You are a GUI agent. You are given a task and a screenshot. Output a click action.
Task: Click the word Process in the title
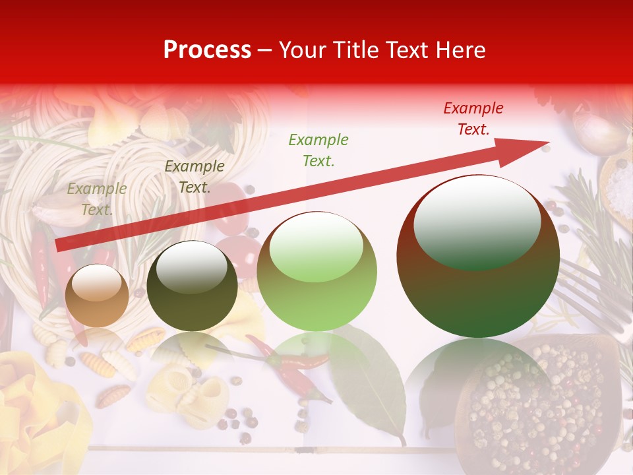[207, 50]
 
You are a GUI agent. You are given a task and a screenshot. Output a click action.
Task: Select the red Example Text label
[473, 119]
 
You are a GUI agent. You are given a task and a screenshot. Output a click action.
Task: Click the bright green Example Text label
[318, 150]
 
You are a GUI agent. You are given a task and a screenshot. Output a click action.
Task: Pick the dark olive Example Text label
[194, 177]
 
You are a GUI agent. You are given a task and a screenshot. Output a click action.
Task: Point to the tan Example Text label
[96, 199]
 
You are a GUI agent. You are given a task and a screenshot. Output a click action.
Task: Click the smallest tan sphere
[97, 296]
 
